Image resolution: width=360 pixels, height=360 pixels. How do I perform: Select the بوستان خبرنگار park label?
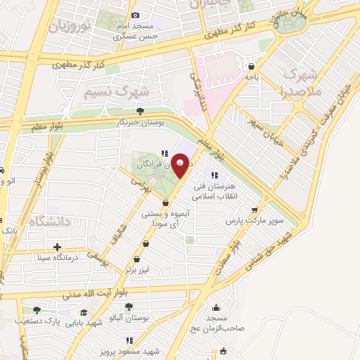pos(141,122)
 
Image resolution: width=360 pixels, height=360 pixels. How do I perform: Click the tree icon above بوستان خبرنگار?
pos(141,110)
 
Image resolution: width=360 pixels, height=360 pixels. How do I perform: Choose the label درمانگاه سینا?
pos(58,258)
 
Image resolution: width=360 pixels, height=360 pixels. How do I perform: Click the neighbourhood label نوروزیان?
pos(69,28)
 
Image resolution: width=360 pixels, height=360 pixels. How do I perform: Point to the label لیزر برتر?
pos(139,269)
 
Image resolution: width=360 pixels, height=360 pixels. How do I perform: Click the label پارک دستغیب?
pos(37,321)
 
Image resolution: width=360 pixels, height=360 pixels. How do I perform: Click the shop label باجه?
pos(251,79)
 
